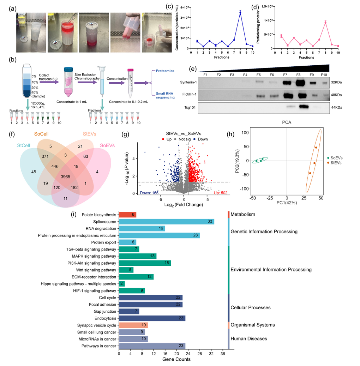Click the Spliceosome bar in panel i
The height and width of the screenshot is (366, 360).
click(166, 221)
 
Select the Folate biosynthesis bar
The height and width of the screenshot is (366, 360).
click(127, 215)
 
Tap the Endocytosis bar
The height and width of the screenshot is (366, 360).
click(152, 318)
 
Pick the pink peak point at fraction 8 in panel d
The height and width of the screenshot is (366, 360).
click(325, 23)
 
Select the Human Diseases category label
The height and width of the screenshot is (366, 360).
click(248, 338)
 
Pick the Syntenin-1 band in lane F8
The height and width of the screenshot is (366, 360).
click(302, 83)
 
